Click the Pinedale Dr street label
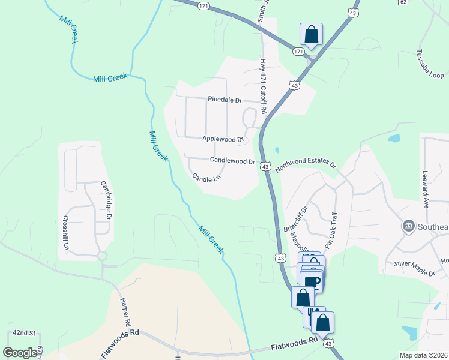224,100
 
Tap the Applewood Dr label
223,139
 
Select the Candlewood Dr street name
232,161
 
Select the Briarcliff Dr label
294,220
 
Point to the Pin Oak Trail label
331,230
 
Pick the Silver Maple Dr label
414,269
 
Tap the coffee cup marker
312,281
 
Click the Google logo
20,353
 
